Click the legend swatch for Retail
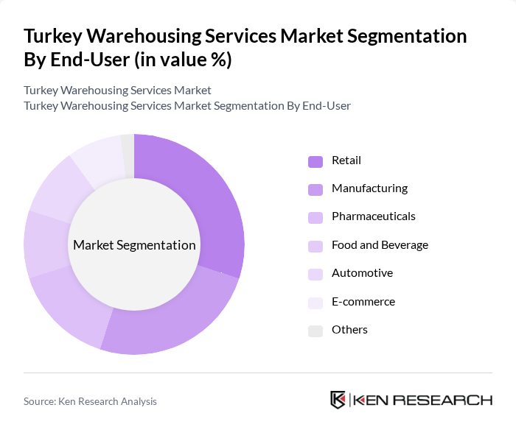pos(315,161)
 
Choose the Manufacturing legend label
pos(369,188)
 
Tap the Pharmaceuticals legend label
pos(373,216)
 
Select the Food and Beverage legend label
pos(380,245)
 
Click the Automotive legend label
pos(362,273)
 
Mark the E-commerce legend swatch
pos(315,303)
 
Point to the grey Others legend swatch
pos(315,331)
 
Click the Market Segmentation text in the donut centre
pos(134,245)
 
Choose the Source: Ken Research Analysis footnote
pos(90,401)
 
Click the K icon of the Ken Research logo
pos(338,400)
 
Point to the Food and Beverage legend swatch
pos(315,246)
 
